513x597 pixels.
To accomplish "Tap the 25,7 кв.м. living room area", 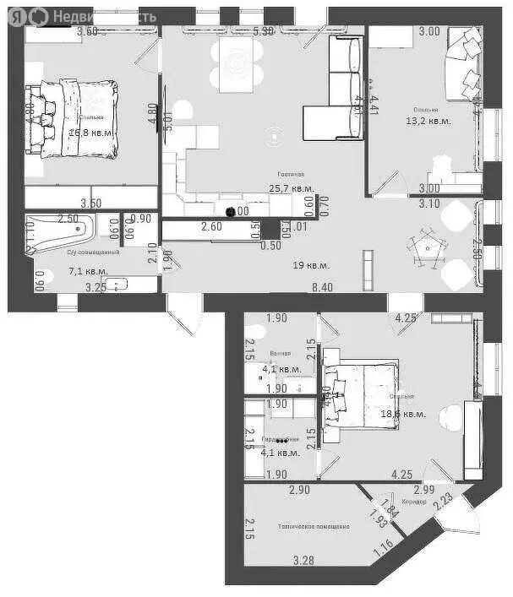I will click(x=291, y=188).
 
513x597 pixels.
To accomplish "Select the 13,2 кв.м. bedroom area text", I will click(x=428, y=121).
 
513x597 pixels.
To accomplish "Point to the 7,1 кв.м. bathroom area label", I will click(x=87, y=271).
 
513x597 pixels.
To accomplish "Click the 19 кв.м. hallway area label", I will click(x=310, y=265).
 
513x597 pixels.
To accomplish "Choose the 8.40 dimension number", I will click(x=322, y=288).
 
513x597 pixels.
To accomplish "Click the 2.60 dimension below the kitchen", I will click(x=211, y=226).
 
